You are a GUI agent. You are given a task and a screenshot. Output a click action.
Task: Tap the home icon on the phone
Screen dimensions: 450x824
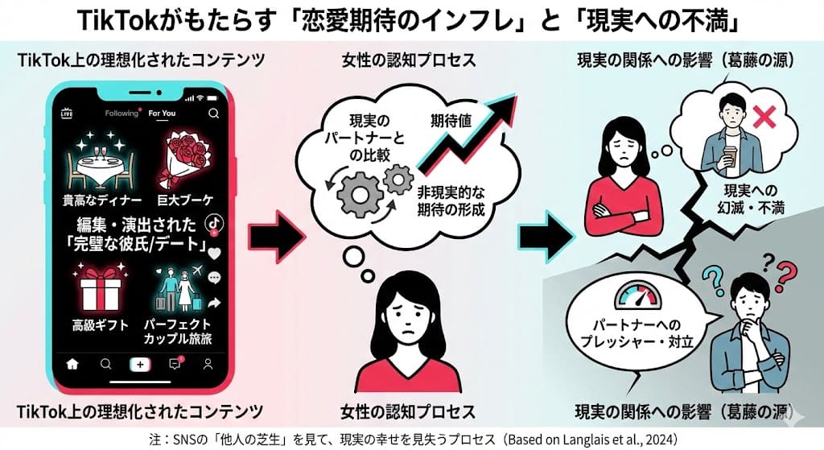[73, 364]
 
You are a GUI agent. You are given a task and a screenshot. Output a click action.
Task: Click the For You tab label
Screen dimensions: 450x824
[162, 114]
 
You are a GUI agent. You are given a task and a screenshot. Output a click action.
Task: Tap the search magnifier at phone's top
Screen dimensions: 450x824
[213, 114]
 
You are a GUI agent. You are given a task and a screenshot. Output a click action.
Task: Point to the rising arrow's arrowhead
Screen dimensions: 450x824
[505, 105]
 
